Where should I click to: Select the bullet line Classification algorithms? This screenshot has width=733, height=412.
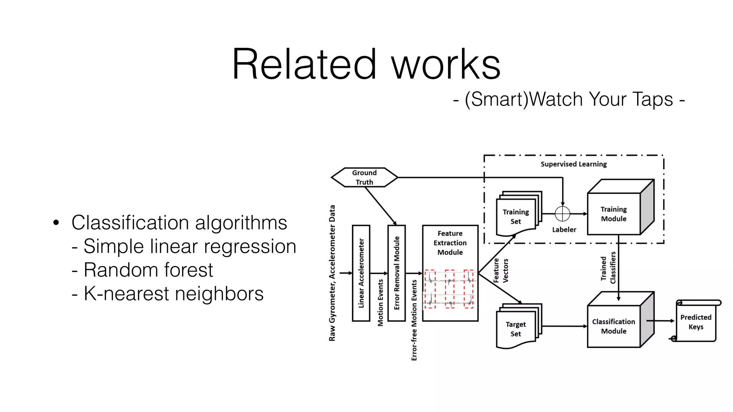[179, 222]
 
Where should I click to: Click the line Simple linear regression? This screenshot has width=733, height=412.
[190, 246]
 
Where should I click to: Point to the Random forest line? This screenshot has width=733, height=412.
[148, 270]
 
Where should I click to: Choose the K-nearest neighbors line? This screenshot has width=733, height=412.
[174, 294]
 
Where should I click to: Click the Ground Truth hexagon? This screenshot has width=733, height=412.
[364, 177]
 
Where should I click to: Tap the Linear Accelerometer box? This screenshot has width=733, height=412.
[361, 273]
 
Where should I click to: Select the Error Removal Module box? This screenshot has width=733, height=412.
[397, 273]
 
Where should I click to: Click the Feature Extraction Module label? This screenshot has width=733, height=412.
[450, 243]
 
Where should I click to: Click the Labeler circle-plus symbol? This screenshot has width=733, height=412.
[562, 214]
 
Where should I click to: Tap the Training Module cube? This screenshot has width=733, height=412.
[614, 214]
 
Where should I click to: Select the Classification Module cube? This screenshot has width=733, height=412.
[614, 326]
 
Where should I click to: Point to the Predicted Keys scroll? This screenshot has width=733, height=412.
[696, 322]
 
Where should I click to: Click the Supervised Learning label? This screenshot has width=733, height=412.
[574, 164]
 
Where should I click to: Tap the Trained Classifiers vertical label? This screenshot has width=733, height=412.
[608, 268]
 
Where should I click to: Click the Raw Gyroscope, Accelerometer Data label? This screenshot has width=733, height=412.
[332, 273]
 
